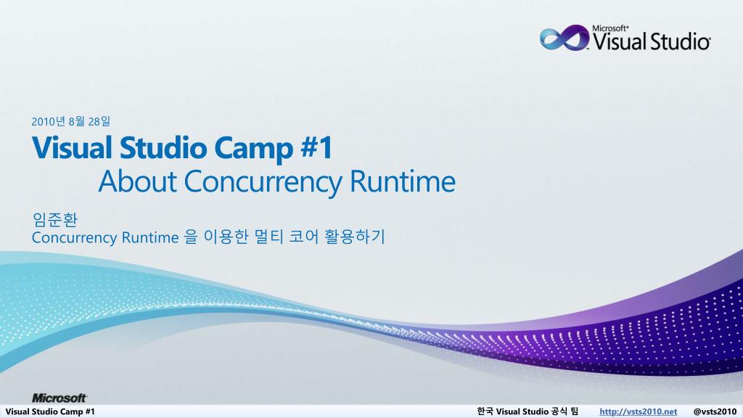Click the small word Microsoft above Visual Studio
tap(610, 28)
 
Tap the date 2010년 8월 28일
tap(71, 122)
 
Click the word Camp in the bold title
tap(253, 148)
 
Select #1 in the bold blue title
tap(316, 147)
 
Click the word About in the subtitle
tap(137, 181)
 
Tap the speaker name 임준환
tap(55, 219)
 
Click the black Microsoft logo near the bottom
tap(59, 398)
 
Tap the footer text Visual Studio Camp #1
tap(50, 411)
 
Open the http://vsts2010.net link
tap(639, 411)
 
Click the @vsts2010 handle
tap(715, 411)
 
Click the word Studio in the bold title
tap(163, 147)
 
